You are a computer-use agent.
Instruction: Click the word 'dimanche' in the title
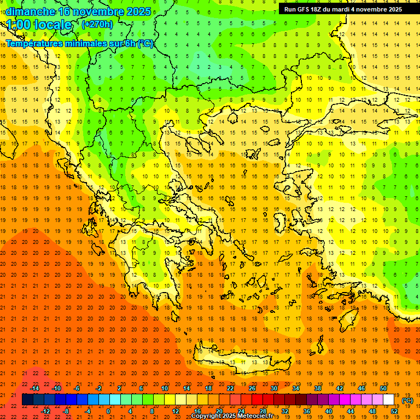coord(30,11)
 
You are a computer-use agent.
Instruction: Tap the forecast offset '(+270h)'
coord(97,24)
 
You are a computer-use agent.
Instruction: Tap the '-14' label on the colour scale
coord(34,388)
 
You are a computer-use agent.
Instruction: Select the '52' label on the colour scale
coord(394,411)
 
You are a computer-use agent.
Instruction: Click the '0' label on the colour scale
coord(108,411)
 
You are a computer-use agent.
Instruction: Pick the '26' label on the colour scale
coord(252,388)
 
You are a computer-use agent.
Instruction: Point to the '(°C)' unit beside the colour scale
coord(407,400)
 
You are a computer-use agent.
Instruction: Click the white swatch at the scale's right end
coord(389,400)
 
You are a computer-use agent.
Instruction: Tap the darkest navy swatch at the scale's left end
coord(27,400)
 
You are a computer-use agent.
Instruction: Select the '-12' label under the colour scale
coord(45,411)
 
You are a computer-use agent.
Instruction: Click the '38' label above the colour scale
coord(317,388)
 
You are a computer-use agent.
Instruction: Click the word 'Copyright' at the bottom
coord(206,416)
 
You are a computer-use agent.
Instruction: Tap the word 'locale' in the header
coord(52,25)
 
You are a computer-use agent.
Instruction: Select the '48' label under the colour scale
coord(372,411)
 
